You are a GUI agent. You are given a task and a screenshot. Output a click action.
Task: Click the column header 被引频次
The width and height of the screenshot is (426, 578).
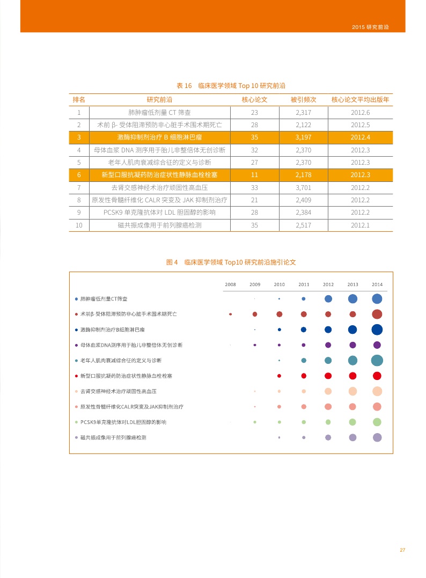pos(303,100)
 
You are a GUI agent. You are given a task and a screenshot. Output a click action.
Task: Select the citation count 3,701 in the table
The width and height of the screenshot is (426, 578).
pos(303,187)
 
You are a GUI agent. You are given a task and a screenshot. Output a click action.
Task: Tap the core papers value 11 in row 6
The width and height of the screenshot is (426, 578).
pos(254,175)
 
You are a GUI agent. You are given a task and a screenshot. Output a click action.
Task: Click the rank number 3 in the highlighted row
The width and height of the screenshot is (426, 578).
pos(79,137)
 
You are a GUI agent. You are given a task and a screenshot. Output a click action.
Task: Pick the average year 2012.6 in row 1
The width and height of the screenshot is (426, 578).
pos(360,113)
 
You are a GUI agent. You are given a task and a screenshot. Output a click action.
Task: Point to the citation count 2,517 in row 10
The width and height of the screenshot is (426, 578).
pos(303,225)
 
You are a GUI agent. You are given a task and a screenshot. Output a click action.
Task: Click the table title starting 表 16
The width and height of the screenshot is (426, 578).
pos(231,85)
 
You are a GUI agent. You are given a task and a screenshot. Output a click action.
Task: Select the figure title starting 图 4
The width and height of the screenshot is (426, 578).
pos(231,262)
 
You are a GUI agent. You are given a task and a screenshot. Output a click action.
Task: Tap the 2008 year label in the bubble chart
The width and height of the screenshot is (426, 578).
pos(230,284)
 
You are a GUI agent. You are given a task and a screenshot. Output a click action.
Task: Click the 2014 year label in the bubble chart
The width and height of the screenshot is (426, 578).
pos(377,284)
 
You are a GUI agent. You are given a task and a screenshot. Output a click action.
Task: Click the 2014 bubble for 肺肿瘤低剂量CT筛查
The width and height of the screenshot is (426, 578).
pos(377,299)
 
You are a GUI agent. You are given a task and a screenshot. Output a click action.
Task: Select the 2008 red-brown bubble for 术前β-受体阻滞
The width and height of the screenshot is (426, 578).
pos(230,314)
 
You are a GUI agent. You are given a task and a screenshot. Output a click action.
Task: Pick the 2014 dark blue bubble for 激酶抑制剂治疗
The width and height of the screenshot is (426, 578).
pos(377,330)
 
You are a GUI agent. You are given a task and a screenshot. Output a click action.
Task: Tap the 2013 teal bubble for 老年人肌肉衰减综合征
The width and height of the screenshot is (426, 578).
pos(352,360)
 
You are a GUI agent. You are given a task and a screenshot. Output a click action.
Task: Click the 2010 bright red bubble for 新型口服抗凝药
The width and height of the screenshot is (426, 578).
pos(280,376)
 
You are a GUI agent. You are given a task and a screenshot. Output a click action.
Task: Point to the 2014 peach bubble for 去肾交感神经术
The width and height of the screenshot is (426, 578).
pos(377,391)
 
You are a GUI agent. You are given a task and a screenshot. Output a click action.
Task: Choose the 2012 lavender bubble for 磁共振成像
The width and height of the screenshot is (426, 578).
pos(328,437)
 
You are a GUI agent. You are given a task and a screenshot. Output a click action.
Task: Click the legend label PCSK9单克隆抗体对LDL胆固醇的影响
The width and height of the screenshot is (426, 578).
pos(123,422)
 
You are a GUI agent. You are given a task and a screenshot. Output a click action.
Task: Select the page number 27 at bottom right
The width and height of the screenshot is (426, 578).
pos(402,550)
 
